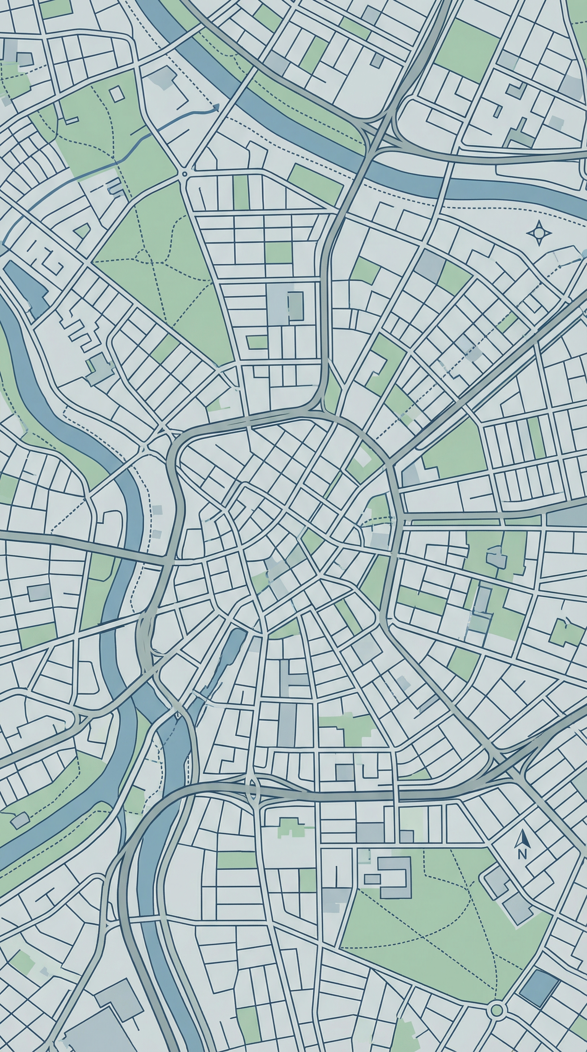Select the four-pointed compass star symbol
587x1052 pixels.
pyautogui.click(x=539, y=233)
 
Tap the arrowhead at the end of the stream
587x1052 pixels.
pyautogui.click(x=216, y=108)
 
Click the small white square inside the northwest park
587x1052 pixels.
pyautogui.click(x=117, y=94)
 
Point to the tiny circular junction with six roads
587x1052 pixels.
pyautogui.click(x=184, y=174)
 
